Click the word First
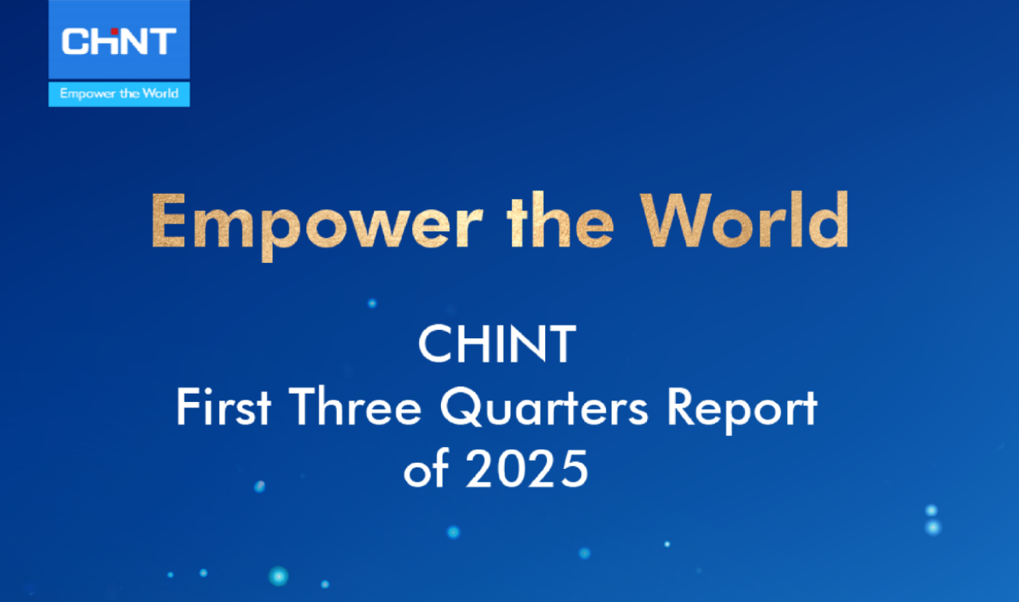[224, 408]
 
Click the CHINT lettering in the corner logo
[119, 42]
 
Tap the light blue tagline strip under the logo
[119, 94]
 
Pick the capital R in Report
[682, 408]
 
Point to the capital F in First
[187, 408]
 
